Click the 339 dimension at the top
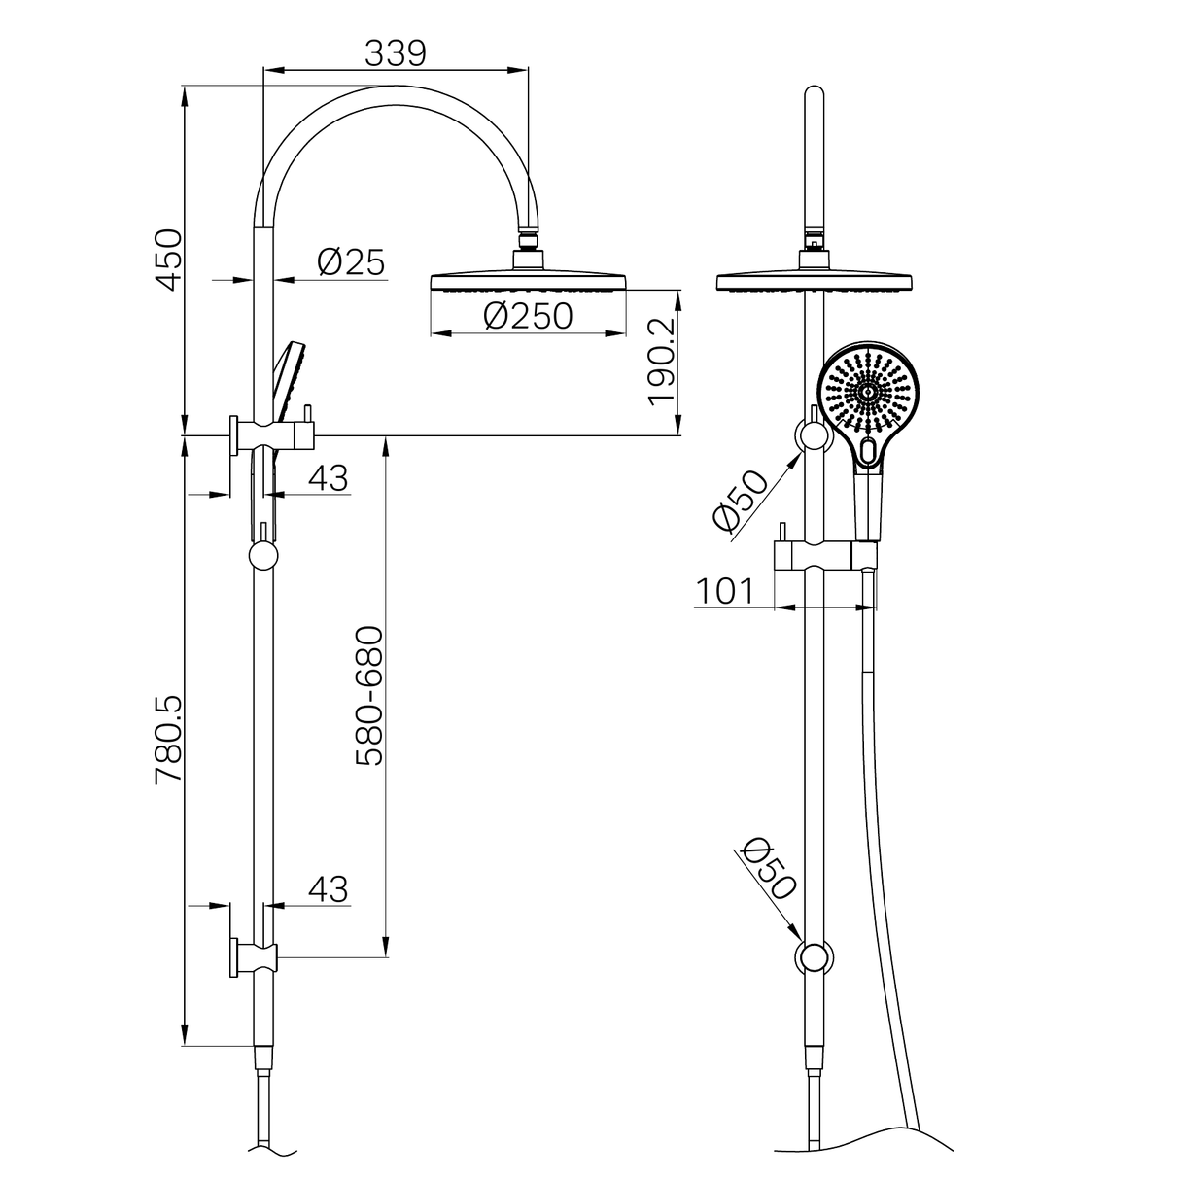[396, 53]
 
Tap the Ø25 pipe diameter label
[351, 261]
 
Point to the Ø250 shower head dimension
[528, 316]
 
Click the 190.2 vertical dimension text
[661, 361]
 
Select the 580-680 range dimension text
[370, 696]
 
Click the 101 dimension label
[724, 590]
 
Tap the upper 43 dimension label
[328, 477]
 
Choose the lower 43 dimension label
[328, 888]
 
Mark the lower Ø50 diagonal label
[769, 868]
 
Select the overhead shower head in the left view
[528, 281]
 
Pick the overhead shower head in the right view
[815, 281]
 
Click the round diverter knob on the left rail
[263, 556]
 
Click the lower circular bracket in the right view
[815, 956]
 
